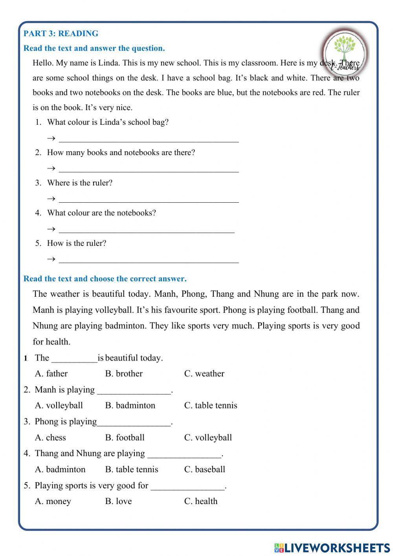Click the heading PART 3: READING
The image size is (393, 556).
pos(61,33)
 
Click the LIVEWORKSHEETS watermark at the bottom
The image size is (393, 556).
pos(332,547)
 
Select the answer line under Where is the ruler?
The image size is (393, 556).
pos(149,199)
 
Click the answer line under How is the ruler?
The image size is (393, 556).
pos(149,259)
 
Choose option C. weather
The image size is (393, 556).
pos(204,373)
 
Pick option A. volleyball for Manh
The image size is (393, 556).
pos(59,405)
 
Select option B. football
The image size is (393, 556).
pos(125,438)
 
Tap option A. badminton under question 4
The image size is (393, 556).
pos(60,469)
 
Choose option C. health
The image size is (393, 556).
pos(200,501)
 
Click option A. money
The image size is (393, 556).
pos(53,501)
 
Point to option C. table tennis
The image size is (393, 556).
pos(211,405)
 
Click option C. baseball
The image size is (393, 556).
pos(204,469)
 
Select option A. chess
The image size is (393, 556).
pos(50,438)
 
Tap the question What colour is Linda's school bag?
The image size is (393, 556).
pos(108,122)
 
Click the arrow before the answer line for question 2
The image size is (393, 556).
pos(51,169)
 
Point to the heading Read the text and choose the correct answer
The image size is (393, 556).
pos(105,279)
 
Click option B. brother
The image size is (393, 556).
pos(124,373)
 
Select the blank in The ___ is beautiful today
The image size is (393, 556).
pos(74,358)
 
